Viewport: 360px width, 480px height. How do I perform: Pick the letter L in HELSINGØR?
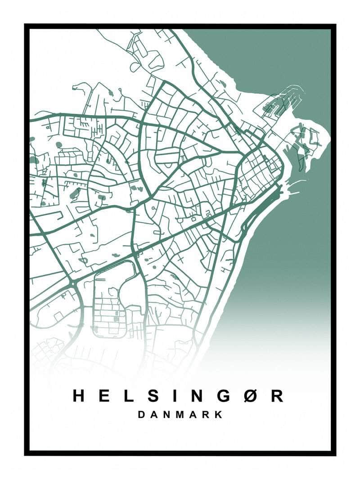(x=129, y=395)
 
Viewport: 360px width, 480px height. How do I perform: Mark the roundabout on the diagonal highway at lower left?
(x=72, y=284)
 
